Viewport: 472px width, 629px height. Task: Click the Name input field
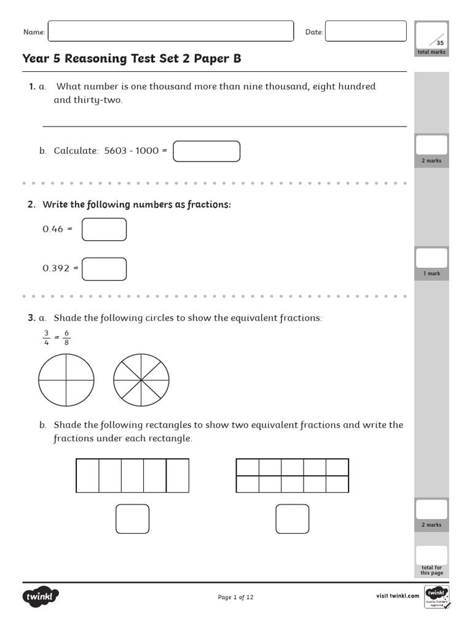[x=170, y=31]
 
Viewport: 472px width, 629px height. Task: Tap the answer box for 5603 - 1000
[x=206, y=151]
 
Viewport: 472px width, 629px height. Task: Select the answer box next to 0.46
[x=104, y=229]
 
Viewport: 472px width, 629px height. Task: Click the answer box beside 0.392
[x=104, y=268]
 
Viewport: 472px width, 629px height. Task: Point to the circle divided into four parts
[x=66, y=380]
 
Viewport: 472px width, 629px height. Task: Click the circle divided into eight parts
[x=141, y=380]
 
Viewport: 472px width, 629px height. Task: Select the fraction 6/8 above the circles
[x=66, y=338]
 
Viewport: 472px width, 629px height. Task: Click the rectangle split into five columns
[x=132, y=475]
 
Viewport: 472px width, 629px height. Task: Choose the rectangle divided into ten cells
[x=292, y=475]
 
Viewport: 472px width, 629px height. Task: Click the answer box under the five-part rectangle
[x=132, y=519]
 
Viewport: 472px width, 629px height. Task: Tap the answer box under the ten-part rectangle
[x=292, y=519]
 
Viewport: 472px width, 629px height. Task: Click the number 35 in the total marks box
[x=439, y=43]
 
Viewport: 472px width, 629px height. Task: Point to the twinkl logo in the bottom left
[x=41, y=596]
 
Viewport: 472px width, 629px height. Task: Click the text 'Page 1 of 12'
[x=235, y=597]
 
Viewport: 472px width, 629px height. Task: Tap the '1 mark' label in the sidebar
[x=431, y=273]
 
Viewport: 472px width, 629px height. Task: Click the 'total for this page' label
[x=431, y=570]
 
